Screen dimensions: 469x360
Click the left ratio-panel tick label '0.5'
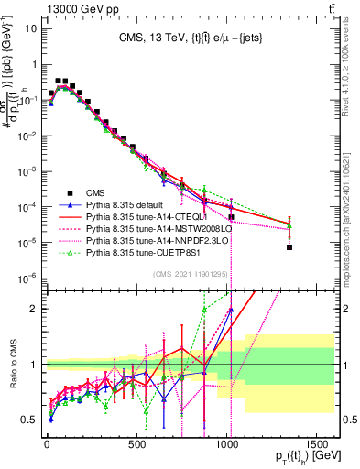point(30,420)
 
